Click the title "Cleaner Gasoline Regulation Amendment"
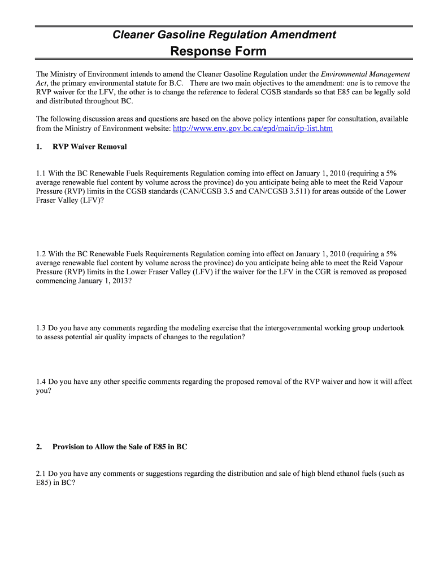click(x=224, y=35)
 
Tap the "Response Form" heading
click(x=218, y=52)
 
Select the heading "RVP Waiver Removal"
click(x=89, y=147)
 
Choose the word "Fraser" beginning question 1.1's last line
click(x=47, y=200)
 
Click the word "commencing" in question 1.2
click(x=56, y=281)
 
